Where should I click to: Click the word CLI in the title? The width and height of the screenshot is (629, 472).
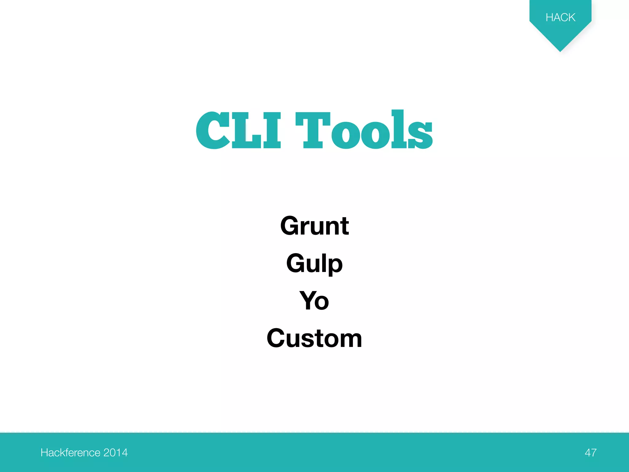[238, 131]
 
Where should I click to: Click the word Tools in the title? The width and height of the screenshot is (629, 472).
[364, 131]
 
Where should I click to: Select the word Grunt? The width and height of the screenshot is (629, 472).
[314, 226]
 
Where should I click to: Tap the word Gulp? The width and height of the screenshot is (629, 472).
[314, 264]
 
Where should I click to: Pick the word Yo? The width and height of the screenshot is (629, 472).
[314, 301]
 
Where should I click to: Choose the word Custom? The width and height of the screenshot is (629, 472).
[314, 338]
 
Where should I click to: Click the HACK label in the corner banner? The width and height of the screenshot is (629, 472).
[560, 18]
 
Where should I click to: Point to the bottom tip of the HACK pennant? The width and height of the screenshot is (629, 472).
[560, 51]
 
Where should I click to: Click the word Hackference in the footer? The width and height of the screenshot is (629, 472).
[70, 453]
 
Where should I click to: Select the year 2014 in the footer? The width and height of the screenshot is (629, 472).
[115, 453]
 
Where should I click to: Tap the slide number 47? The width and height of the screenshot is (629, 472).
[591, 453]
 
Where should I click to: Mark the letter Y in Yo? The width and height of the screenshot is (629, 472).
[308, 300]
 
